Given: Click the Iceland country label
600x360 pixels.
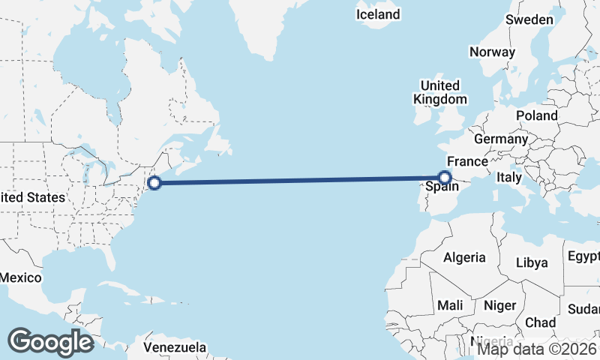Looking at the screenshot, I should (378, 14).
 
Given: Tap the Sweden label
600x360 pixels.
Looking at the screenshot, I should (529, 19).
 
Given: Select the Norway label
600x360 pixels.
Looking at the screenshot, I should (492, 52).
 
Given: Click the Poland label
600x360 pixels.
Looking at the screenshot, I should (536, 115).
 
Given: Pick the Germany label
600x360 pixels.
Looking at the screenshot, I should (501, 139).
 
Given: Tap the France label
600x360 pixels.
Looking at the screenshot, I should (467, 161).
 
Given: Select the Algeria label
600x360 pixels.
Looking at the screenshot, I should (464, 257).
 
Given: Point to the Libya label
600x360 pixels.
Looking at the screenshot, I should (532, 262).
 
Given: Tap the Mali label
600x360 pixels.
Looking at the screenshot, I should (450, 305).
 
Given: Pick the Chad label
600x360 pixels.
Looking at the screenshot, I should (541, 322).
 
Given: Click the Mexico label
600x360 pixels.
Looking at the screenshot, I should (20, 277).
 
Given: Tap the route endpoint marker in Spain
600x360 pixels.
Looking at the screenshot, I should (445, 178).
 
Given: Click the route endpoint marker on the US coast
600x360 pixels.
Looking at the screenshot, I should (154, 182).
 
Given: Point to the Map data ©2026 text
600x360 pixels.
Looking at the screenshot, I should (537, 348).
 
